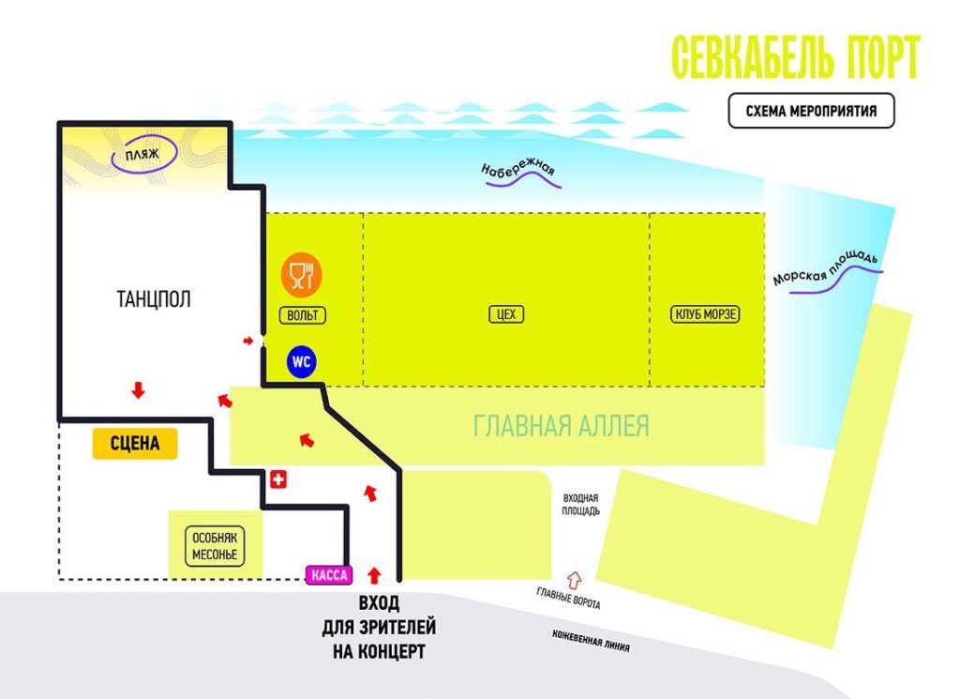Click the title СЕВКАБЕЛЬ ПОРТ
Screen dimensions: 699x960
796,58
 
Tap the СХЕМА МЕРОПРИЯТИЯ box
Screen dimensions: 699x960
811,111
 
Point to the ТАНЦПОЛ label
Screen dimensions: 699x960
154,299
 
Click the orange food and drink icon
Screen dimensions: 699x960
302,274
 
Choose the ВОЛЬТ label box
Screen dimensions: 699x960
303,315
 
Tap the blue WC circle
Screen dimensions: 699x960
302,361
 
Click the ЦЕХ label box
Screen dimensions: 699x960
505,314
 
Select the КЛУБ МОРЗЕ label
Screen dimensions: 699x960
706,314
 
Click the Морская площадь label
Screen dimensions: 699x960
825,268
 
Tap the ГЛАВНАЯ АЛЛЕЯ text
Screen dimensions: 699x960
561,427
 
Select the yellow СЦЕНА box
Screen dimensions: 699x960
135,444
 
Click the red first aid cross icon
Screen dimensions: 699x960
277,479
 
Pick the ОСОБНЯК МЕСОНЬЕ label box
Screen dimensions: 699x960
216,545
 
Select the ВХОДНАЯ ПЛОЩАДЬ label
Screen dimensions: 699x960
581,505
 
